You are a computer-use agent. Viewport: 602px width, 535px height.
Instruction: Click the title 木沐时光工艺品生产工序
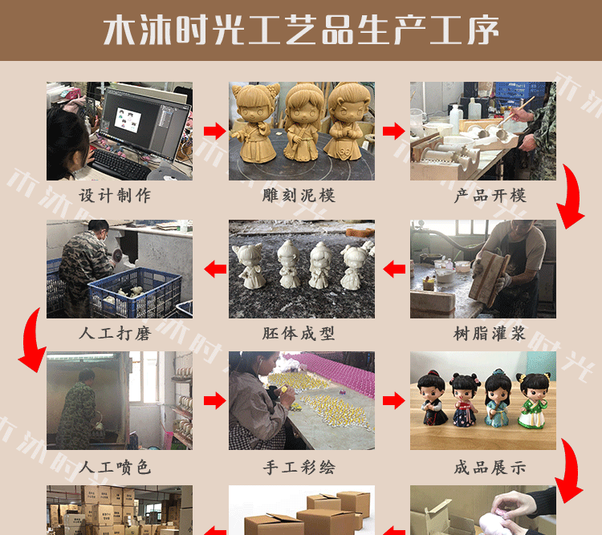click(x=301, y=30)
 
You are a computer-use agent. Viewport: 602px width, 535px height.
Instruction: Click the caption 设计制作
click(x=119, y=195)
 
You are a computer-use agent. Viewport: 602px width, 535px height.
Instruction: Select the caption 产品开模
click(x=482, y=195)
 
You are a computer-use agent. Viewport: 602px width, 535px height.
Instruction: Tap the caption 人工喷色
click(x=119, y=466)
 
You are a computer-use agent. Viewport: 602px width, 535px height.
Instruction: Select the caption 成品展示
click(x=482, y=466)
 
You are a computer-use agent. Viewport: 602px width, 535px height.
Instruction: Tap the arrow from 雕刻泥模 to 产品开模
click(x=393, y=131)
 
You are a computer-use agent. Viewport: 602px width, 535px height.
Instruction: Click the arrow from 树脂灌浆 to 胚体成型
click(x=393, y=270)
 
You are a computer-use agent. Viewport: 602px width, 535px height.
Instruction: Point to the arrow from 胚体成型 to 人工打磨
click(x=214, y=270)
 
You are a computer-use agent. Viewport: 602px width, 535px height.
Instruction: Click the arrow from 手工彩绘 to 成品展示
click(x=393, y=400)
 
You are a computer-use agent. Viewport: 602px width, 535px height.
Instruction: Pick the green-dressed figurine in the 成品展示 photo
click(x=532, y=409)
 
